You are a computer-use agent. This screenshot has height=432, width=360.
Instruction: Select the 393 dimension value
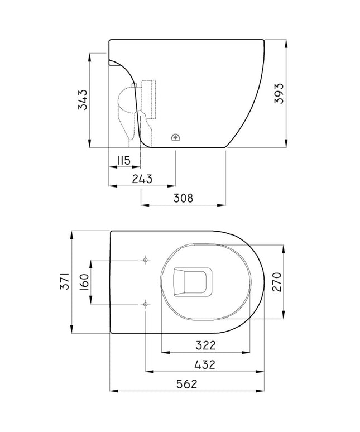coord(279,94)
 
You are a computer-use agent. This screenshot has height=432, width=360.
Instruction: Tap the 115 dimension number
coord(123,161)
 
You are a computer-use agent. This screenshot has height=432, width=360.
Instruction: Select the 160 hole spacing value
coord(83,282)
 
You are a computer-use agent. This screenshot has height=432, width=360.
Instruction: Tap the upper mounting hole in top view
coord(146,260)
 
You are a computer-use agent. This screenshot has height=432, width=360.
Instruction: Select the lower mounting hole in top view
coord(146,304)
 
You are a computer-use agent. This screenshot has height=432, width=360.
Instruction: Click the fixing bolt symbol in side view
coord(175,137)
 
